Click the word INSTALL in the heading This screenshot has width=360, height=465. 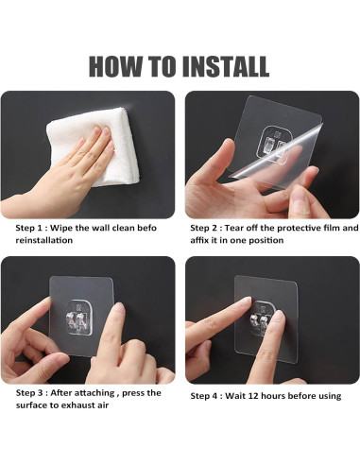pyautogui.click(x=226, y=66)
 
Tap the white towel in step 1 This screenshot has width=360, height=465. pyautogui.click(x=94, y=146)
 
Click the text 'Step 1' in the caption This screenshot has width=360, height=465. pyautogui.click(x=28, y=228)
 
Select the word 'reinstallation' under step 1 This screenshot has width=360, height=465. pyautogui.click(x=44, y=240)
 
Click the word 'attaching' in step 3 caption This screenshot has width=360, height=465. pyautogui.click(x=94, y=393)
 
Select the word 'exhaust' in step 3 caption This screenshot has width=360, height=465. pyautogui.click(x=76, y=405)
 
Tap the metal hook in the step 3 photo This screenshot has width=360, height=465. pyautogui.click(x=77, y=320)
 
